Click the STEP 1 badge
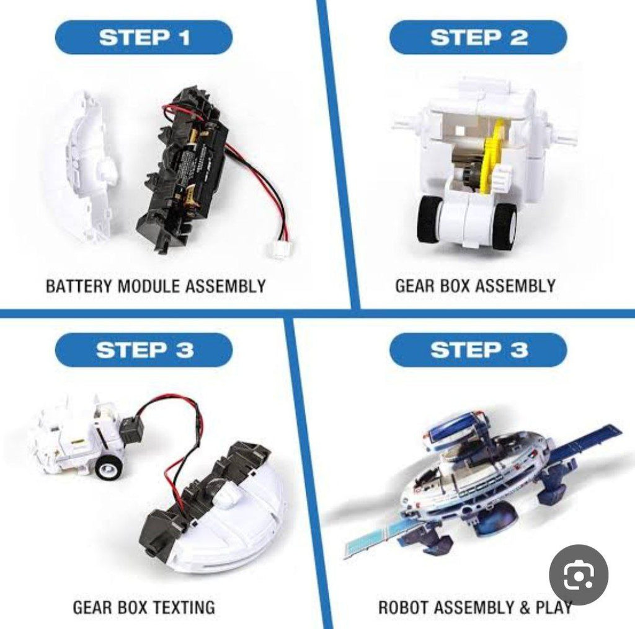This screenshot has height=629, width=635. [x=144, y=37]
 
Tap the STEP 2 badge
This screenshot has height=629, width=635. [x=478, y=37]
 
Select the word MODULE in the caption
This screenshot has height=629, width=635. [x=148, y=286]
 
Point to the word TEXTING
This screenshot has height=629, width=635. [x=184, y=607]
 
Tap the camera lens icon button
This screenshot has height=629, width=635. [x=579, y=574]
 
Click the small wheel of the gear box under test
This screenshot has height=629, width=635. [x=108, y=467]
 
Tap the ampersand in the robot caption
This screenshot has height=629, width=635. [x=525, y=607]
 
